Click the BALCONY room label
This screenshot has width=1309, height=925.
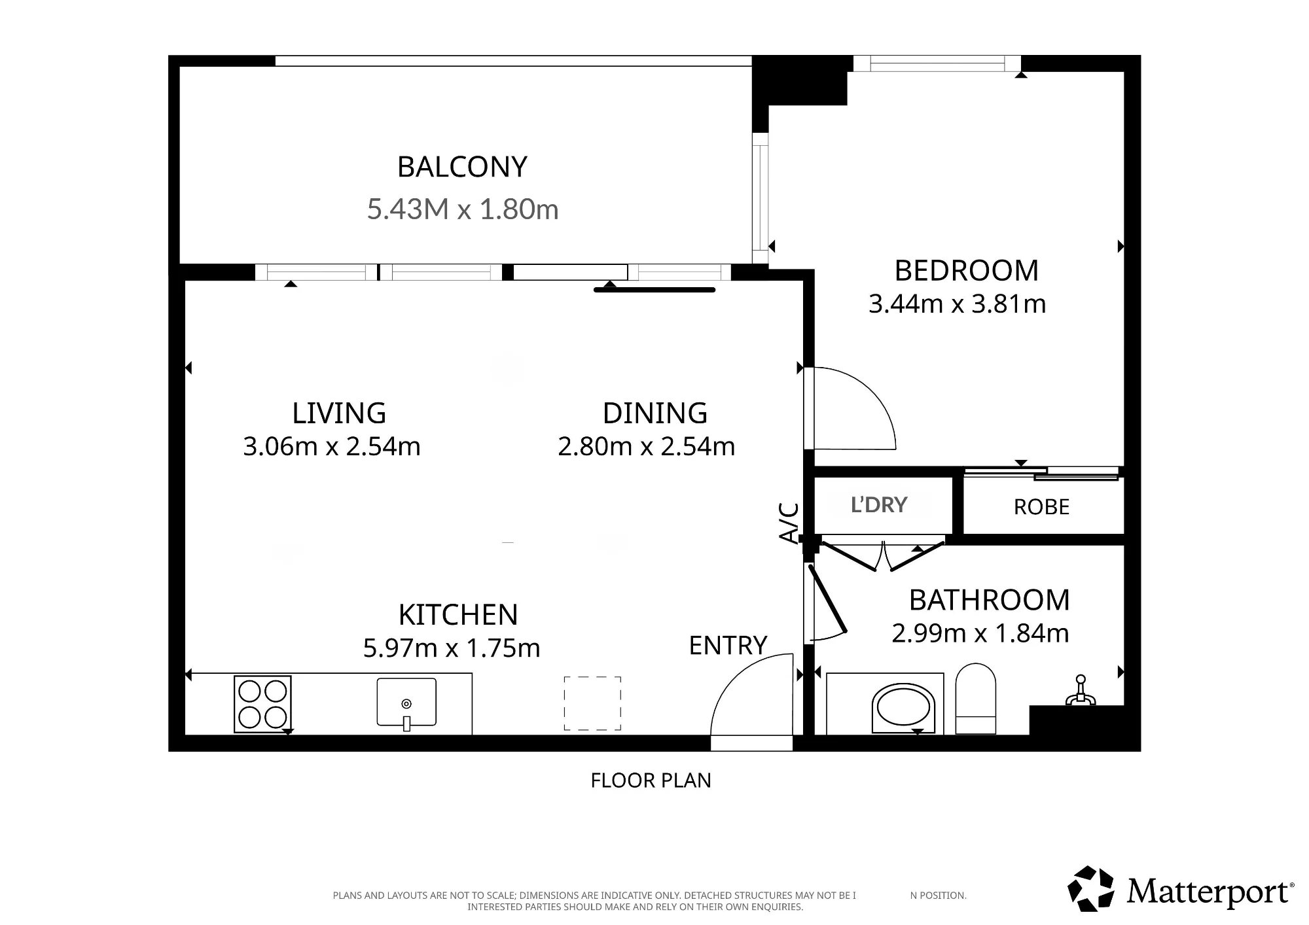[462, 167]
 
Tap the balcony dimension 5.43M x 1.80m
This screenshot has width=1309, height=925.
[463, 209]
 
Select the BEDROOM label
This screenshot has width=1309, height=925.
[967, 271]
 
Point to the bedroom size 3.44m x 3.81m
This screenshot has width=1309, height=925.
[957, 304]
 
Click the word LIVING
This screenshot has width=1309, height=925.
[339, 413]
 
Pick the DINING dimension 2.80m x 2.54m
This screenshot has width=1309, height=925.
[647, 447]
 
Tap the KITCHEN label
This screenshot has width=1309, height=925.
[458, 615]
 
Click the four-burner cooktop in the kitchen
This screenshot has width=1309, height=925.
[262, 704]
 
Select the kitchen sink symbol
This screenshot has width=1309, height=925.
[406, 703]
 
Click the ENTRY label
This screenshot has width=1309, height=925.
[728, 646]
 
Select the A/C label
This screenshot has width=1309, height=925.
[789, 523]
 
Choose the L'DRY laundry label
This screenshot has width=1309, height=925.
[879, 505]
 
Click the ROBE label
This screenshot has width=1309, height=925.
[1041, 507]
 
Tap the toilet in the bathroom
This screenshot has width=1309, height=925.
[976, 699]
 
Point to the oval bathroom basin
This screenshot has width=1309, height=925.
[903, 708]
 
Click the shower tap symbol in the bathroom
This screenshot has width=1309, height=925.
[1081, 691]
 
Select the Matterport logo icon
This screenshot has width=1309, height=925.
[1091, 889]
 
